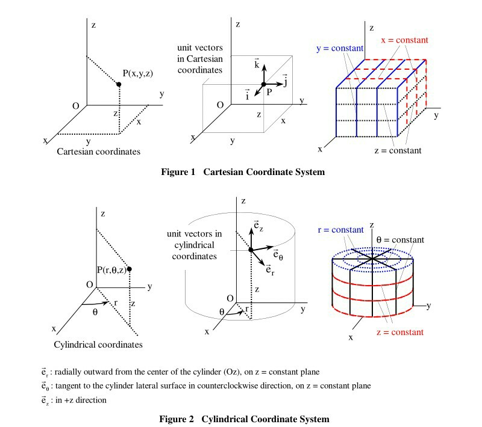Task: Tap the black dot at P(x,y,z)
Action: pyautogui.click(x=119, y=85)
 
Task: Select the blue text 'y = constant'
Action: pyautogui.click(x=340, y=48)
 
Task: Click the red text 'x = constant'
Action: pyautogui.click(x=404, y=40)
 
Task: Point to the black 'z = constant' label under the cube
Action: pyautogui.click(x=398, y=150)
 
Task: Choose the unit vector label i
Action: pyautogui.click(x=248, y=95)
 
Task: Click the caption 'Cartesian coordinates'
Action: pyautogui.click(x=98, y=152)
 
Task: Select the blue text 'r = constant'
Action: pyautogui.click(x=340, y=230)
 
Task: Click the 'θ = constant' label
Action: pyautogui.click(x=400, y=239)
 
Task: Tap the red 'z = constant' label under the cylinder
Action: pyautogui.click(x=399, y=332)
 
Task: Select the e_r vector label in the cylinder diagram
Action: pyautogui.click(x=272, y=269)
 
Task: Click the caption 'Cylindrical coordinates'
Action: pyautogui.click(x=98, y=345)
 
